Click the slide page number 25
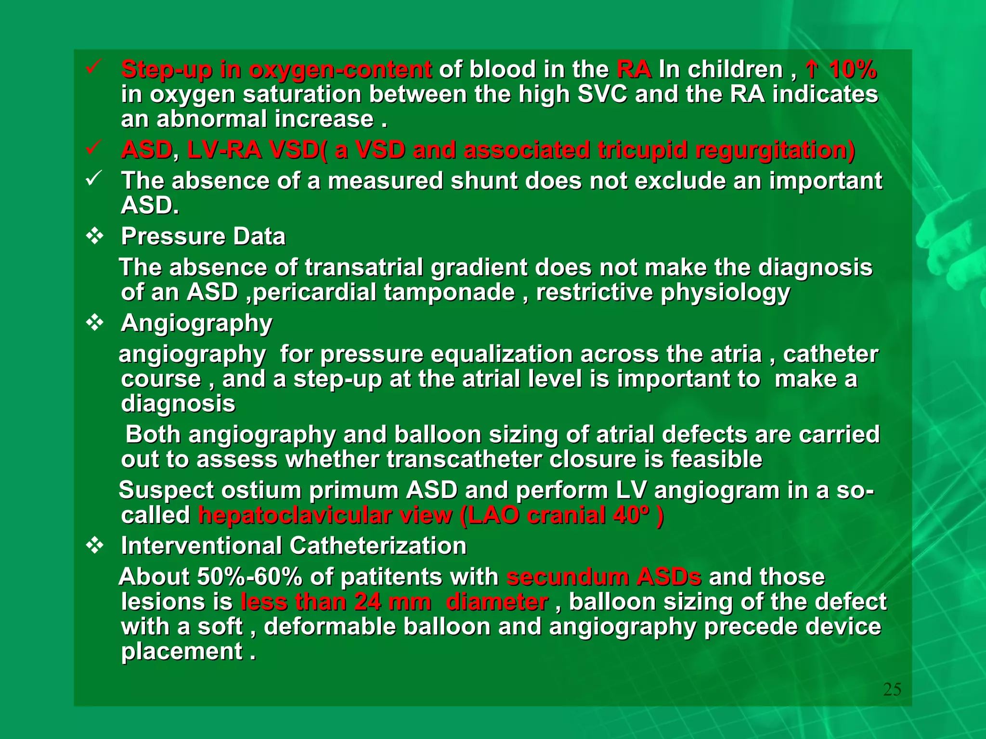[892, 689]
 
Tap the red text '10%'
[853, 70]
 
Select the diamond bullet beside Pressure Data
[94, 236]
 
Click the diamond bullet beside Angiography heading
[94, 323]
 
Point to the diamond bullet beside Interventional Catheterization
[94, 546]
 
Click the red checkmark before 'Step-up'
[92, 68]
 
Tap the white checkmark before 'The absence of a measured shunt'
[92, 179]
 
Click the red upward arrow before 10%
[812, 70]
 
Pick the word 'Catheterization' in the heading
[378, 546]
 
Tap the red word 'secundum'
[567, 577]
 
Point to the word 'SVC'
[602, 94]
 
